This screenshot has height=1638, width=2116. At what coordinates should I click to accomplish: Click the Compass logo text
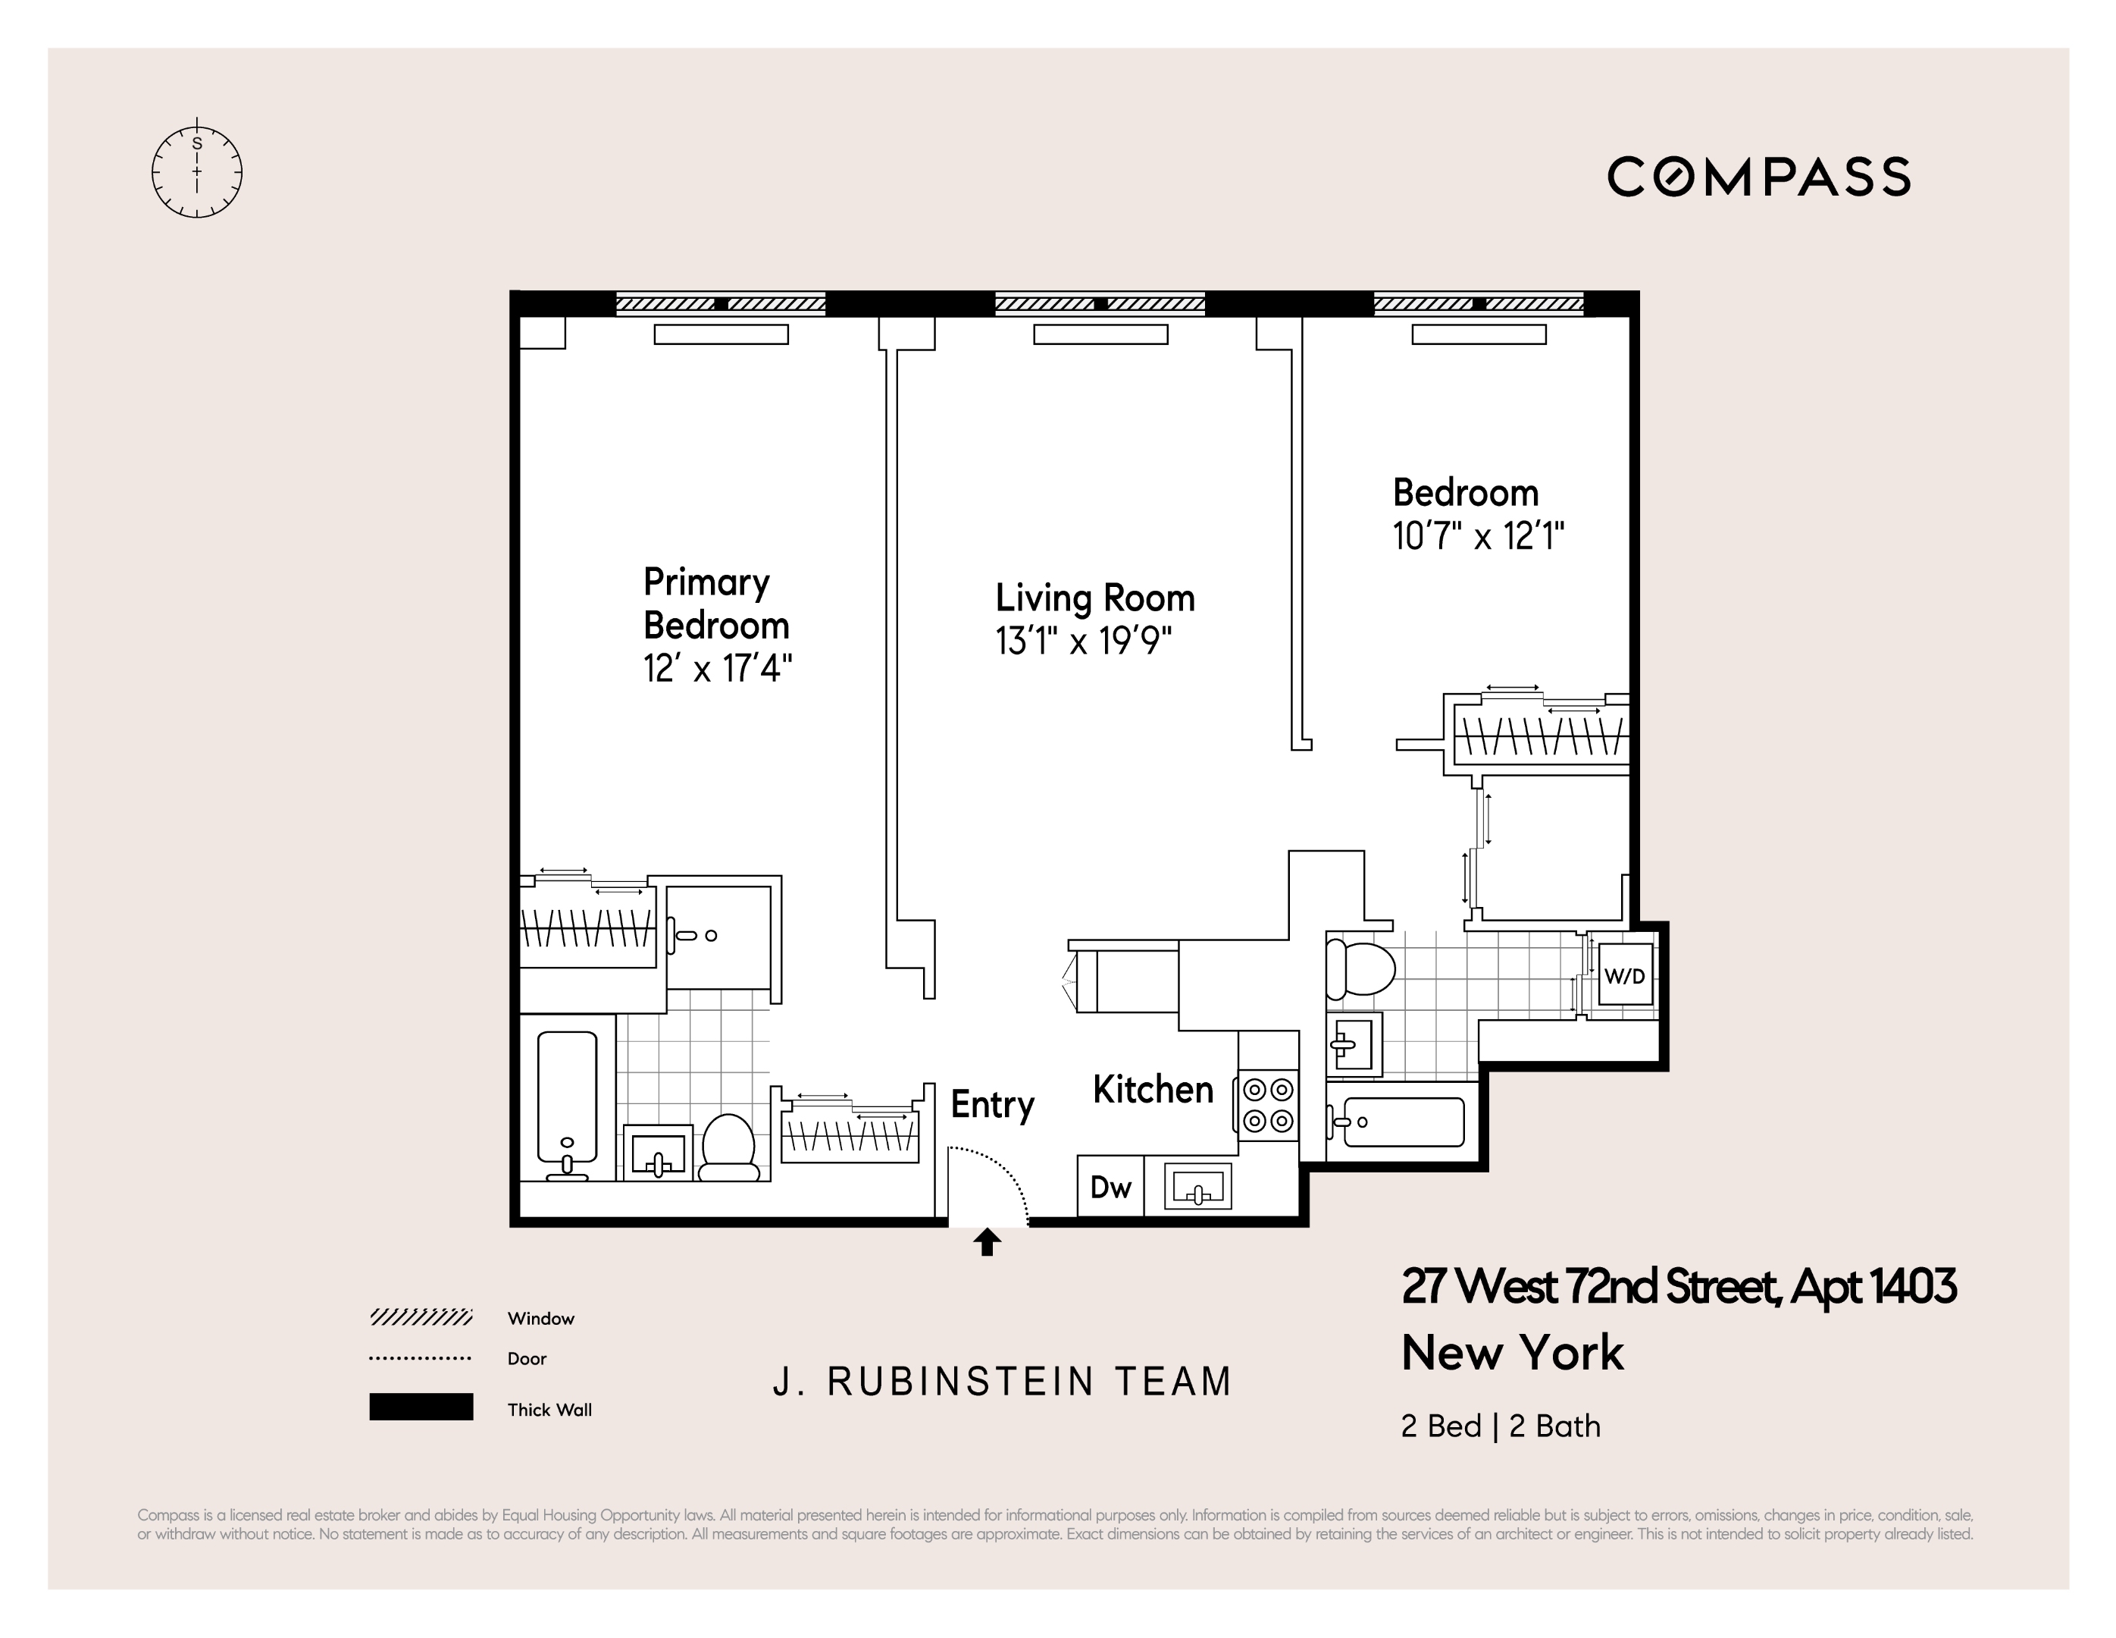1758,177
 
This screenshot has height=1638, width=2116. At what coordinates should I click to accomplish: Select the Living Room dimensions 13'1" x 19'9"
1083,642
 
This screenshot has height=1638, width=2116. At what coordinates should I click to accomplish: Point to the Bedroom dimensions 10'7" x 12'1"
1479,536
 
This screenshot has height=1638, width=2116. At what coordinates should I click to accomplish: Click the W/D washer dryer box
1625,976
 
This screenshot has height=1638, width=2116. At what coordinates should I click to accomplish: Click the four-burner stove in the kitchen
1268,1105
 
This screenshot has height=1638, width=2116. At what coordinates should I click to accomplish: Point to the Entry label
992,1105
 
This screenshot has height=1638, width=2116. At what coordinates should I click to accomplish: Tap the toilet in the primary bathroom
728,1146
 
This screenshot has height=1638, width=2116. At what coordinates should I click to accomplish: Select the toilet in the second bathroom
1360,968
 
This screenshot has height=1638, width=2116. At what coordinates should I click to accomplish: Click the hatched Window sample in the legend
421,1317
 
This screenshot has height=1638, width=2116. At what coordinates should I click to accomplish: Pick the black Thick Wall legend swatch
421,1407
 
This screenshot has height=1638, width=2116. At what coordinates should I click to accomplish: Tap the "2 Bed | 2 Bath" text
1500,1426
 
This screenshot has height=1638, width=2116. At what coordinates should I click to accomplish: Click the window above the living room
1100,303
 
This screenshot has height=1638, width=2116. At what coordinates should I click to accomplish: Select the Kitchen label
1153,1090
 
